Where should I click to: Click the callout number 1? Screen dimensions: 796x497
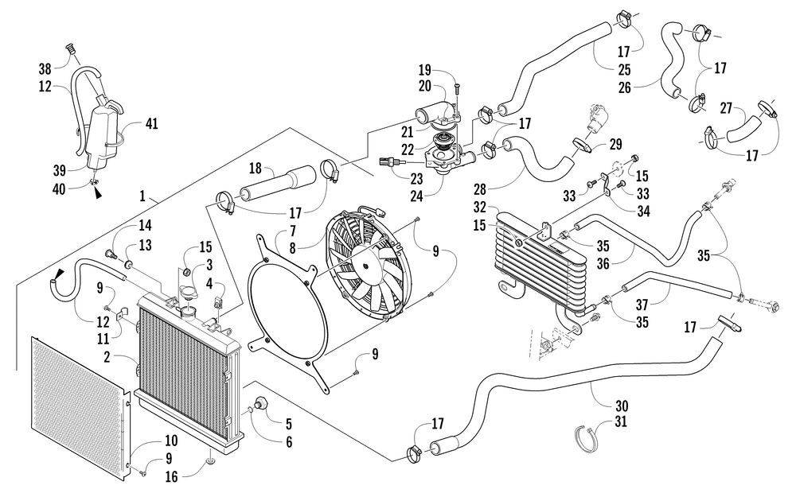click(x=142, y=196)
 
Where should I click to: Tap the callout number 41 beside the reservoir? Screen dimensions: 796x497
click(x=151, y=123)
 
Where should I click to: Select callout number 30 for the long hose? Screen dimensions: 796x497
click(x=622, y=406)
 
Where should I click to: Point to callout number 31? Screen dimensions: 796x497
click(x=621, y=421)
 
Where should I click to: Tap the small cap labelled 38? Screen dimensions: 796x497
click(x=72, y=49)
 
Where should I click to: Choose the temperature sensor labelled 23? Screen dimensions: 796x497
click(x=392, y=161)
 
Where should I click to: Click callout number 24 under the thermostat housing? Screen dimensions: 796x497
click(x=417, y=196)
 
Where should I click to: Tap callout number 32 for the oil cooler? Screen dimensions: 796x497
click(x=480, y=208)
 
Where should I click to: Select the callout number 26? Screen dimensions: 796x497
click(x=625, y=87)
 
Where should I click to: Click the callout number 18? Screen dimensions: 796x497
click(x=255, y=169)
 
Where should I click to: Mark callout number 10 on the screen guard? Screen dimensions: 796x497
click(x=171, y=440)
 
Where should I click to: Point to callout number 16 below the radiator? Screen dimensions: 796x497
click(x=172, y=476)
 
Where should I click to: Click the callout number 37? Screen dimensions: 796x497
click(x=642, y=305)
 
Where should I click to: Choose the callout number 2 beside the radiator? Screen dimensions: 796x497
click(x=107, y=357)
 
